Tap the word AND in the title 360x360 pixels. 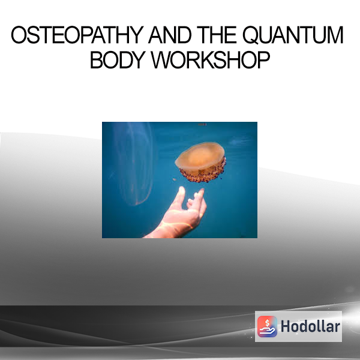170,35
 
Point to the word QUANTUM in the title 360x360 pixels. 293,35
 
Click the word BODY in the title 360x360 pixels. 118,60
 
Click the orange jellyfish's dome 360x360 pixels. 200,155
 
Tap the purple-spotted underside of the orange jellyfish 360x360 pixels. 202,174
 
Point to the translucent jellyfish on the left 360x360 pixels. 135,163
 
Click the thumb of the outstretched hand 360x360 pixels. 179,196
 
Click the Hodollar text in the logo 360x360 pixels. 310,326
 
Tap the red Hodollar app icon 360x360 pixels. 267,326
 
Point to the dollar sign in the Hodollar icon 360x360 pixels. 267,323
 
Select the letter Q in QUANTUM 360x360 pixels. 251,35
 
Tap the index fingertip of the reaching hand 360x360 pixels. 202,191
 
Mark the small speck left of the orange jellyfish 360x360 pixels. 174,179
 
